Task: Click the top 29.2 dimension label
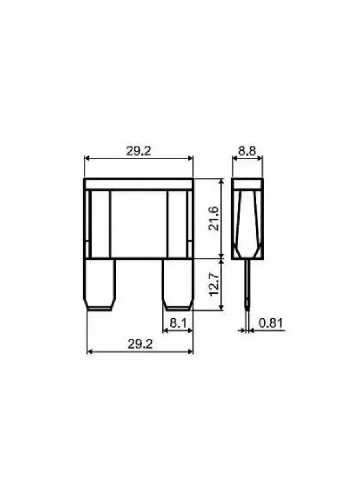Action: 138,151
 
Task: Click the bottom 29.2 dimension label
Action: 140,344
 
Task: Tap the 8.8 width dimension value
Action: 247,151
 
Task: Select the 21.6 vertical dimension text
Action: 214,218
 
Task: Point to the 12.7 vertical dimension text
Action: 214,284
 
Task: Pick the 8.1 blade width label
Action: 178,323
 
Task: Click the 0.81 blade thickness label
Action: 271,323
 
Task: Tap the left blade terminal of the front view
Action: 100,284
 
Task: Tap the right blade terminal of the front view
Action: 178,284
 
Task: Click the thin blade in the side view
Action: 247,284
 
